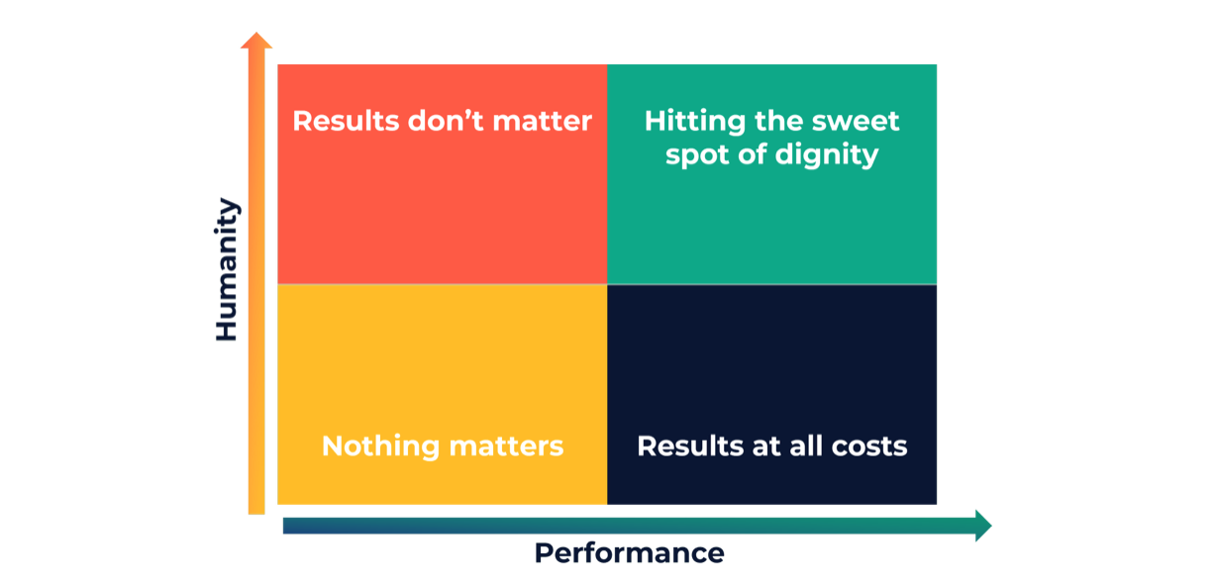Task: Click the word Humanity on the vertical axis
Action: [x=227, y=269]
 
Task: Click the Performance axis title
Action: [x=629, y=553]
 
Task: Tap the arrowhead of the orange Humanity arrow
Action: [x=256, y=41]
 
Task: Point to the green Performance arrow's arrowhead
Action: [x=983, y=526]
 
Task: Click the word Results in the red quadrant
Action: [x=347, y=121]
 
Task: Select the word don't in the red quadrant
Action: [x=446, y=121]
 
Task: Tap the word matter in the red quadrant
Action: [x=542, y=122]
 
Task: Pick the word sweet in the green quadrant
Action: [x=856, y=122]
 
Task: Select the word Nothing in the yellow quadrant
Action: [x=380, y=447]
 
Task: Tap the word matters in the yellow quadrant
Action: [x=507, y=447]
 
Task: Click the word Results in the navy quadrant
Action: [x=690, y=446]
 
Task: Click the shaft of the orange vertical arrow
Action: [x=256, y=281]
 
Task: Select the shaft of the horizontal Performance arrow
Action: [x=630, y=526]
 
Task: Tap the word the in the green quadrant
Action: [x=778, y=121]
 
